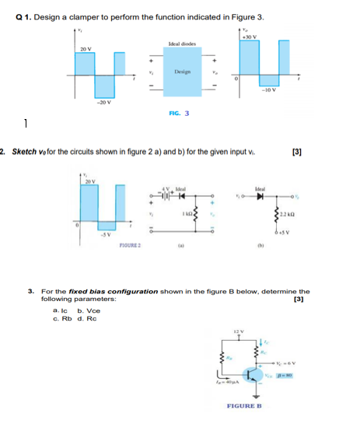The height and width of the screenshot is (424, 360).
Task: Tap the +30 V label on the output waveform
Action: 251,37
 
